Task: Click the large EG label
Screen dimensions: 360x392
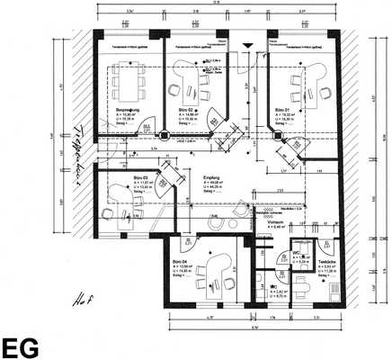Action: point(20,347)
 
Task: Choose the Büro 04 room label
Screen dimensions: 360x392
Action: point(181,263)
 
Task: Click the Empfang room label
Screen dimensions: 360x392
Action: point(212,178)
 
